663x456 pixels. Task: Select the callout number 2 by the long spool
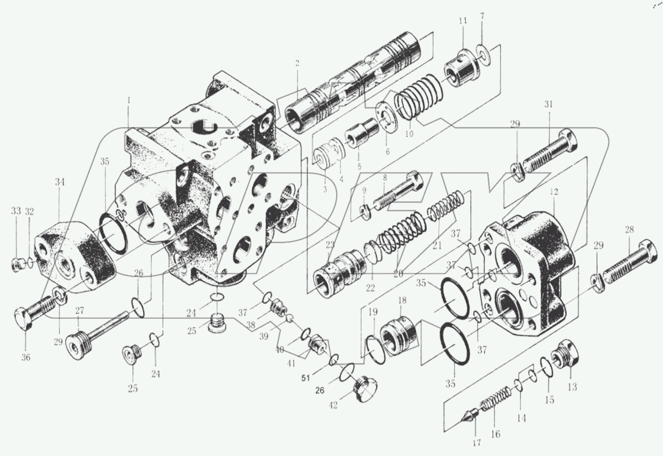pyautogui.click(x=297, y=63)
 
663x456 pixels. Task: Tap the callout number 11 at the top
pyautogui.click(x=463, y=20)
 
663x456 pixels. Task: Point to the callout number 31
pyautogui.click(x=548, y=104)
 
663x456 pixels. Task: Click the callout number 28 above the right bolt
pyautogui.click(x=629, y=230)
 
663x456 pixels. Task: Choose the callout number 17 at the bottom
pyautogui.click(x=477, y=443)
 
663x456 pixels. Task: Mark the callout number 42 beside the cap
pyautogui.click(x=333, y=405)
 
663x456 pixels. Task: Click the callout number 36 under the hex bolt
pyautogui.click(x=26, y=357)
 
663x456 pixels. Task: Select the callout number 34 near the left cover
pyautogui.click(x=60, y=183)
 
